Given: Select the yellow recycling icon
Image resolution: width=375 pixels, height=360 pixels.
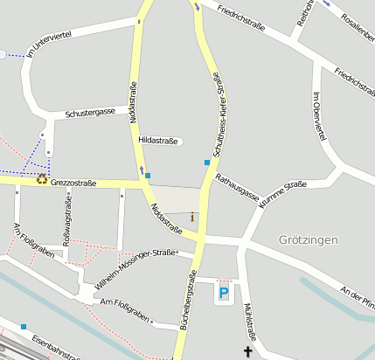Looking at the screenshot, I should pos(42,179).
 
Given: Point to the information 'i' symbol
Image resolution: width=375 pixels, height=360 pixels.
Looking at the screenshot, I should pos(192,216).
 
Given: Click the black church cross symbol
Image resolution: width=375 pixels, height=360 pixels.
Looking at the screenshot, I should pos(247,352).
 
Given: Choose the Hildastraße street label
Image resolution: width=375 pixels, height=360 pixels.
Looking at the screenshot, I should pos(158,140).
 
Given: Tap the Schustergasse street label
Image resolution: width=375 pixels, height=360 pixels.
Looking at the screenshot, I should pos(90,114).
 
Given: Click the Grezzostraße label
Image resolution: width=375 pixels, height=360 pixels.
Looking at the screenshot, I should pos(73,183).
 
